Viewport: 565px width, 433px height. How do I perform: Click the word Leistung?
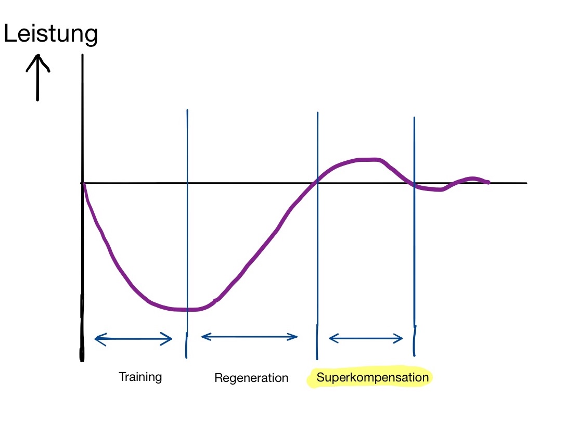pos(51,33)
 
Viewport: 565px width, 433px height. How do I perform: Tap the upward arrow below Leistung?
pos(37,78)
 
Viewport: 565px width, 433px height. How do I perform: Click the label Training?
pos(140,377)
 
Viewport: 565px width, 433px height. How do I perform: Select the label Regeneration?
pos(251,377)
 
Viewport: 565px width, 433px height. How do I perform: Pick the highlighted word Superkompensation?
pos(373,377)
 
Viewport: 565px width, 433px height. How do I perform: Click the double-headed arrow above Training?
pos(133,339)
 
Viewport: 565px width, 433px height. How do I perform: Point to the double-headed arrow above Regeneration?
pos(249,337)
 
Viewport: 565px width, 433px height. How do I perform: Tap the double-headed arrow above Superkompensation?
pos(366,338)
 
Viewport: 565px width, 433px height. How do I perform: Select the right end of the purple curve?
pos(489,183)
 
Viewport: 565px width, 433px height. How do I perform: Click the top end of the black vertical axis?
pos(83,55)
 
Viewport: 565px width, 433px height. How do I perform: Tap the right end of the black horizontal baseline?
pos(527,183)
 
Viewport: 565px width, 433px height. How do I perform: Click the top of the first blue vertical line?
pos(187,110)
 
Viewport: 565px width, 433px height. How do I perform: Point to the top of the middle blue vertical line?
pos(317,112)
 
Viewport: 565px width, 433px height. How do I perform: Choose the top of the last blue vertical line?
pos(414,118)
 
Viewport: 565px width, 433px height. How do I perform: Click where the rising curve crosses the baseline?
pos(317,182)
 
